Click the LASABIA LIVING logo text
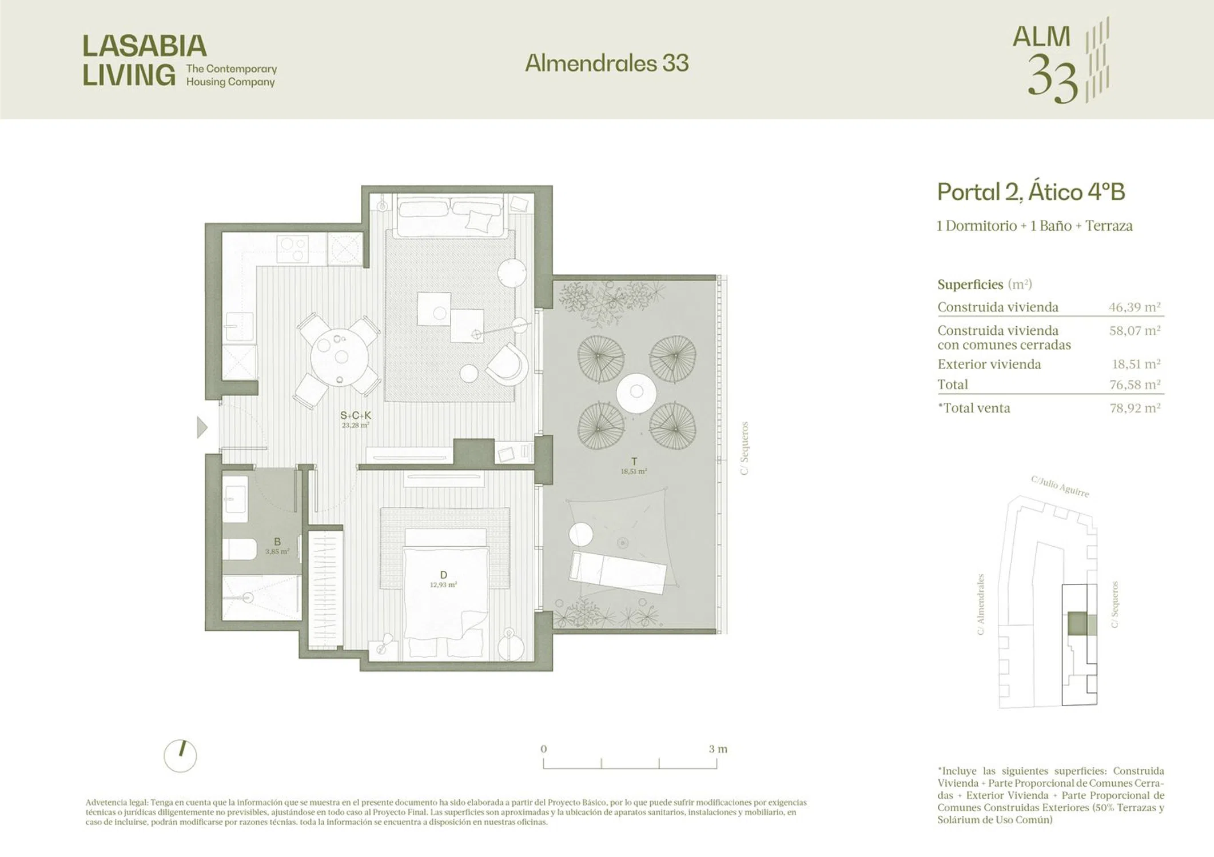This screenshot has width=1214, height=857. point(145,61)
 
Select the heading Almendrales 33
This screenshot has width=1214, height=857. point(607,63)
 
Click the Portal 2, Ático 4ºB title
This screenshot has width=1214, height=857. point(1031,192)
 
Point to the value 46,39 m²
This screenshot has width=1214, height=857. point(1135,307)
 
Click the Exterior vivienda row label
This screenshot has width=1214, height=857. point(989,365)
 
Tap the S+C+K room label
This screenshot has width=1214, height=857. point(356,416)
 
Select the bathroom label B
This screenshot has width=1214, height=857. point(277,542)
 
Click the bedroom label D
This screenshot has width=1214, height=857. point(444,575)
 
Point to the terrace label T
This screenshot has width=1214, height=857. point(634,462)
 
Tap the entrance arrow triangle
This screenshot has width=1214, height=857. point(202,427)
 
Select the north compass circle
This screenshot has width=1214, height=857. point(180,756)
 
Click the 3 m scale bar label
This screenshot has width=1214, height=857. point(718,749)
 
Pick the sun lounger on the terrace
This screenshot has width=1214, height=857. point(618,572)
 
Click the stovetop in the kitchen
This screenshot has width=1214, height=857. point(293,250)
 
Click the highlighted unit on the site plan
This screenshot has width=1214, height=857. point(1077,624)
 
